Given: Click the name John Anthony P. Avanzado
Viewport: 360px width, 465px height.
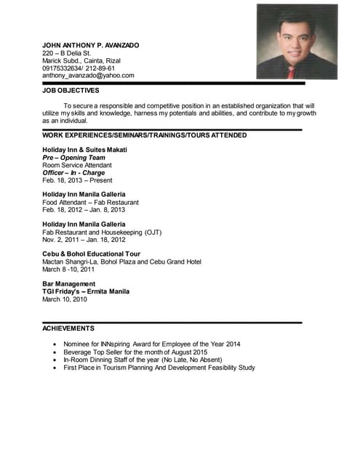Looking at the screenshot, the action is point(90,45).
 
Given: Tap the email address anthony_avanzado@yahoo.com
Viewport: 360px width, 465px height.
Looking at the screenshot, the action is point(88,76).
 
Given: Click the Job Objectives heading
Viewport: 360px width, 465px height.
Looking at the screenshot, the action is point(71,91).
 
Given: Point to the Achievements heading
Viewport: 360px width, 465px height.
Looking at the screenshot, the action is point(68,328).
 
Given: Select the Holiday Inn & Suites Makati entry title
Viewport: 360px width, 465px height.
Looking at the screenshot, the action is point(84,150).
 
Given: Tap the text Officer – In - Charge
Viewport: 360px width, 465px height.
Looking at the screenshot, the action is point(73,173).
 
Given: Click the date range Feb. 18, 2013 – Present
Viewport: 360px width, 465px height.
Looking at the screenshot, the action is point(77,180).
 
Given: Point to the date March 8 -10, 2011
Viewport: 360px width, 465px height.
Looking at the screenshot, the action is point(68,270).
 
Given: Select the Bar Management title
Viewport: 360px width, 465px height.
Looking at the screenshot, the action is point(68,284).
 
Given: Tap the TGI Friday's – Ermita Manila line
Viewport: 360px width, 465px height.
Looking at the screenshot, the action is point(86,291).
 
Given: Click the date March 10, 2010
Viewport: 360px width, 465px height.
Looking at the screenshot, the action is point(64,299).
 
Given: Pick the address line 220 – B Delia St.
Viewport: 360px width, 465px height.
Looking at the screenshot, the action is point(66,53).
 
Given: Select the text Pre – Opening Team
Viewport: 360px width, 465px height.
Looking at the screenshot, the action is point(73,158).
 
